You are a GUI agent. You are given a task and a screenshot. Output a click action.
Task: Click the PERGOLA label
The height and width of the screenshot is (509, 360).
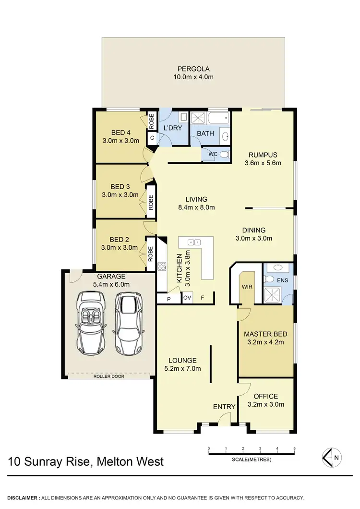192,69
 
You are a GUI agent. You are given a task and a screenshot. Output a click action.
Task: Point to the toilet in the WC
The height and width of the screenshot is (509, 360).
224,154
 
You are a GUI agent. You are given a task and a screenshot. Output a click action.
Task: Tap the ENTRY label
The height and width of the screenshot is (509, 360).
224,407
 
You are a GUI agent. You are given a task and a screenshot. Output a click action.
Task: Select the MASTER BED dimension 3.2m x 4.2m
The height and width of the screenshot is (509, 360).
266,342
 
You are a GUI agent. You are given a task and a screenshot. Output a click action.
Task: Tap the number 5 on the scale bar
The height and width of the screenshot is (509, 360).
294,448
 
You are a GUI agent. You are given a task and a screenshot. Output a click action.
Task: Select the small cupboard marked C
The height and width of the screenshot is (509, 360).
152,138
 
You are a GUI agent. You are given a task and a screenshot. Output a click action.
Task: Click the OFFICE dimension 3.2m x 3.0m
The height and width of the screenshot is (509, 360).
266,404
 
